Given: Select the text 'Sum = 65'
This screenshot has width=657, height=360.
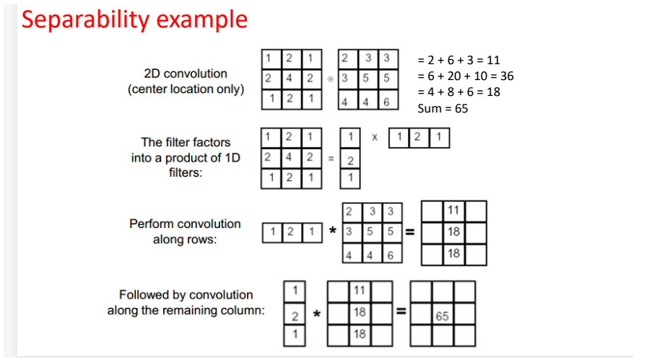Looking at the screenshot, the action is (x=443, y=108).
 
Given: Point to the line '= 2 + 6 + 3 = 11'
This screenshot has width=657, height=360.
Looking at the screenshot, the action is (x=458, y=60).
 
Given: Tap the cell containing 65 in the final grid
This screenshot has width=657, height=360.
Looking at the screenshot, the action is (x=443, y=315).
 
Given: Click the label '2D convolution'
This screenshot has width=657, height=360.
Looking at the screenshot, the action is (x=186, y=74).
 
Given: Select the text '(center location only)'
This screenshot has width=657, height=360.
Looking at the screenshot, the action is (x=186, y=89).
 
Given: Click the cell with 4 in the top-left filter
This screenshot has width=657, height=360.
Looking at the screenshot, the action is (x=290, y=78).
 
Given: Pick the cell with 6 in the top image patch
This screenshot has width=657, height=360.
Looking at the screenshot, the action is (x=386, y=102).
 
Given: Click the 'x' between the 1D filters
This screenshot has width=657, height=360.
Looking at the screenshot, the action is (x=375, y=136).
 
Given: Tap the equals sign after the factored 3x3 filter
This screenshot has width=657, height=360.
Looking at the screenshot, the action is (x=331, y=157).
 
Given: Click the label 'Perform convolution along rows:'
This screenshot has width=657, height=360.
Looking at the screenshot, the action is (x=185, y=232).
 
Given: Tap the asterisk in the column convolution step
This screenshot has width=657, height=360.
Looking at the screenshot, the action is (x=316, y=313).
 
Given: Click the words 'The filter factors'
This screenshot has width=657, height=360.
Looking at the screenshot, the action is (x=186, y=141).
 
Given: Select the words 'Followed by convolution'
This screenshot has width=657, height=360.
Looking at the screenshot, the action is (x=186, y=294).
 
